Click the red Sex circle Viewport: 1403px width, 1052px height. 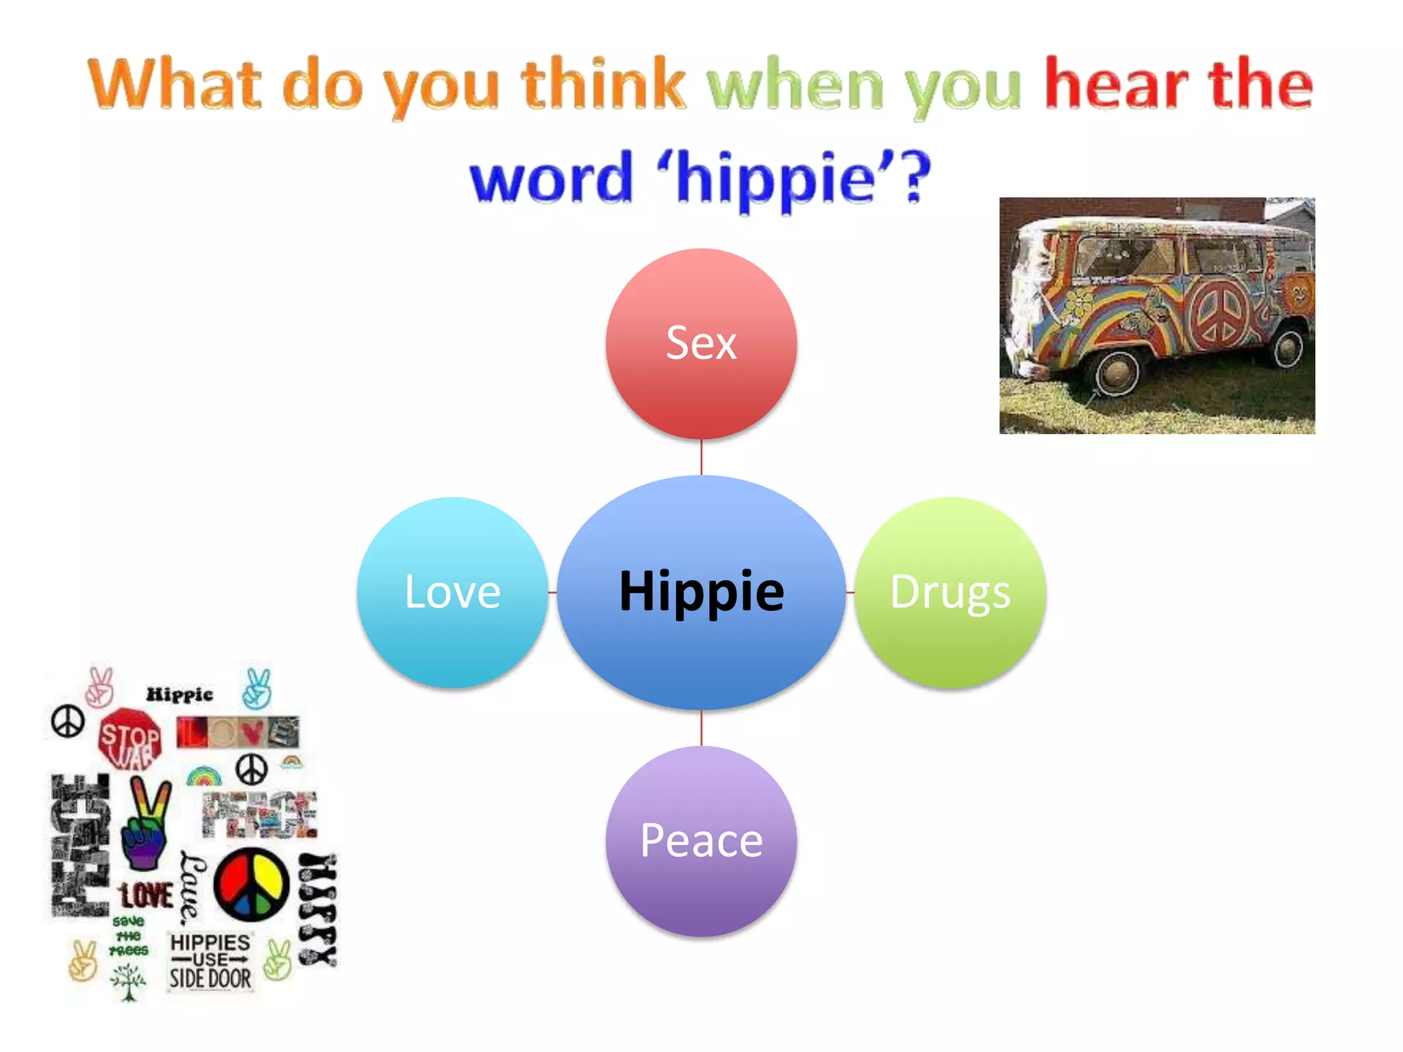pos(701,343)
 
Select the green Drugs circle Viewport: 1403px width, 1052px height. pos(950,592)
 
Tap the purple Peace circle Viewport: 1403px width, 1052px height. pos(701,841)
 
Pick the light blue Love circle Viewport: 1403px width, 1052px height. pos(452,592)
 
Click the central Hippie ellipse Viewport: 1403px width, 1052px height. pos(701,592)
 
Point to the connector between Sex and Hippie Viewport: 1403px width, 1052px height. pos(701,457)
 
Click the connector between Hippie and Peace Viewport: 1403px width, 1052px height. pos(701,728)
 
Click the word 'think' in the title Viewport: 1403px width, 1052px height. pos(603,86)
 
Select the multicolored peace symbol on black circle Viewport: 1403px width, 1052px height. pos(251,884)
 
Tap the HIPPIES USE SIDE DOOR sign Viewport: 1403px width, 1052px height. pos(210,961)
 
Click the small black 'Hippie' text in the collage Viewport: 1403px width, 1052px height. pos(179,694)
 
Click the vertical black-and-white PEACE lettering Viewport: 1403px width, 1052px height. pos(80,846)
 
